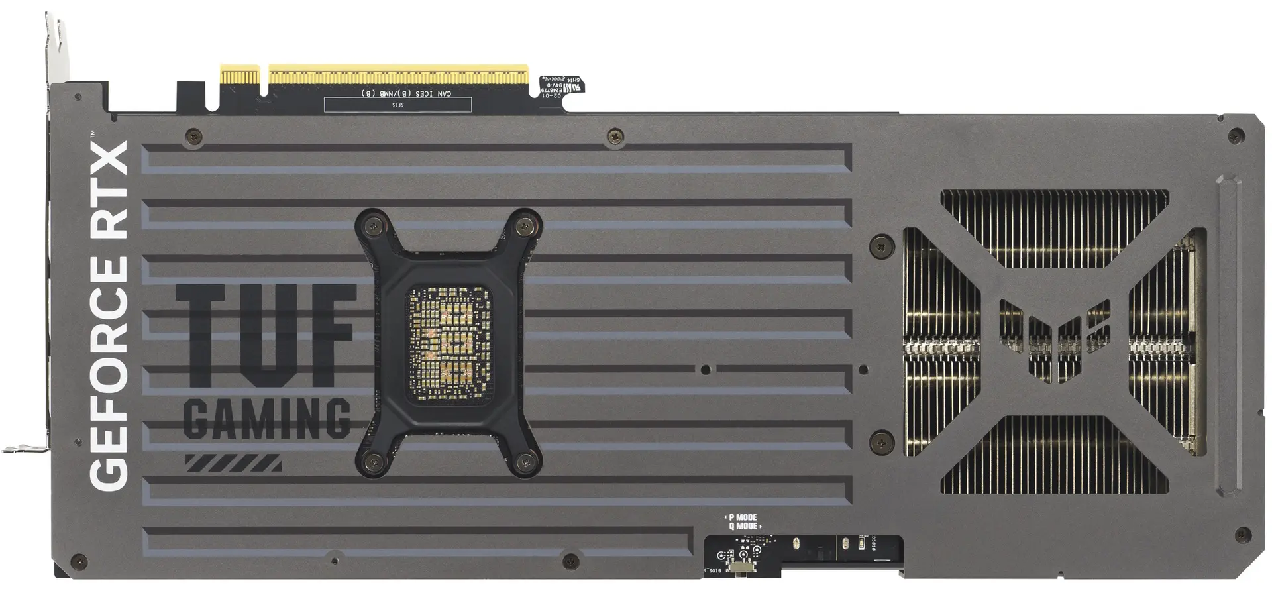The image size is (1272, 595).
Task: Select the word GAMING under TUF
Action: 266,419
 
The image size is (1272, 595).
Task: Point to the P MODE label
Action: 743,517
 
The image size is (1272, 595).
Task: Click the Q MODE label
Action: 743,527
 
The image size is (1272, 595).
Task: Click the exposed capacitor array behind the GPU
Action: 440,345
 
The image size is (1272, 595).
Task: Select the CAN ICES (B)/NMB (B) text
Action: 406,94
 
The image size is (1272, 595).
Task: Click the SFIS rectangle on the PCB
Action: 398,105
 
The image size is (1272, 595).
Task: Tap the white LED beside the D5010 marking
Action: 861,545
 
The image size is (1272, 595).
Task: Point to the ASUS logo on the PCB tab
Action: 569,85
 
